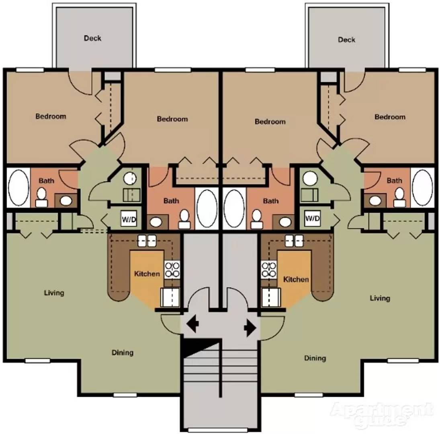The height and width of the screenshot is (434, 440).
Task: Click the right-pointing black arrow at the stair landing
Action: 250,328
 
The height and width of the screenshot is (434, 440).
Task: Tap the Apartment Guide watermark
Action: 381,414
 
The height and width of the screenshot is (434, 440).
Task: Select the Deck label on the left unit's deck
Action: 92,39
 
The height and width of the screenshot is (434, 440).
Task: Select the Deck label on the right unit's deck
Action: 346,40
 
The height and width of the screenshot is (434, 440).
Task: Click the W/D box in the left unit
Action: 129,219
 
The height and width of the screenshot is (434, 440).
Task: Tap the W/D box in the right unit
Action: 312,219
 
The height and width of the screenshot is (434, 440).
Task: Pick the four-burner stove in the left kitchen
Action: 172,269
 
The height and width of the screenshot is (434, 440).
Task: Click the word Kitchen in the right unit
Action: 296,279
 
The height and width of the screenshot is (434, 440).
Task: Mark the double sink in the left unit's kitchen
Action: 147,241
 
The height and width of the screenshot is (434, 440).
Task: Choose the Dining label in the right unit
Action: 315,358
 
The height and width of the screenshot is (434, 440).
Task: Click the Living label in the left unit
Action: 54,293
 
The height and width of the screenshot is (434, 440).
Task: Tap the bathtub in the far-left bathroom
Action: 18,188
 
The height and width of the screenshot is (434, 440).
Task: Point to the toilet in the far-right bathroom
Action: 399,197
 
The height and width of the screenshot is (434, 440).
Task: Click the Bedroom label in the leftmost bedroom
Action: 51,117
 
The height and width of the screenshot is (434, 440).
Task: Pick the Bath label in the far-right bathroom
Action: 394,180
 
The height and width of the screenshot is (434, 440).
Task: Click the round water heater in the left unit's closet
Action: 130,178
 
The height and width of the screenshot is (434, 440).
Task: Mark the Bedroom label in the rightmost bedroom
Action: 390,117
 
